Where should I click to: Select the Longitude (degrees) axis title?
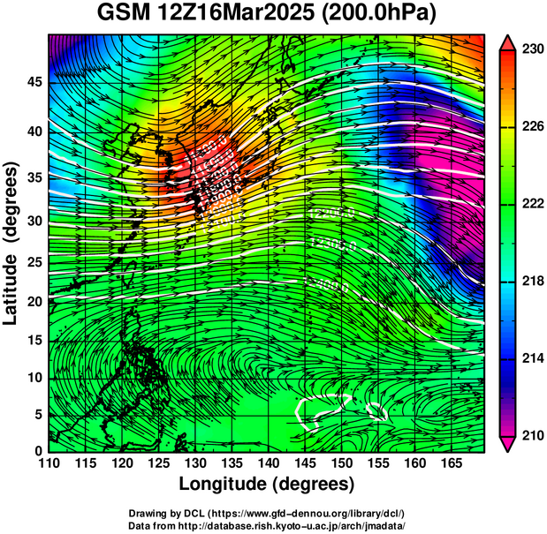267,485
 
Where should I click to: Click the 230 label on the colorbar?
532,50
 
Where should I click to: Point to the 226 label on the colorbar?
532,127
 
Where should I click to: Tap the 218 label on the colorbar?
532,281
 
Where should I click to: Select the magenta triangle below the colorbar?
508,444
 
